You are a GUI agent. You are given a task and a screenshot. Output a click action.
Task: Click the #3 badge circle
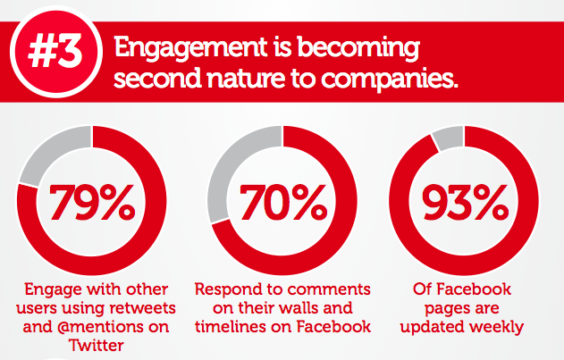[x=56, y=52]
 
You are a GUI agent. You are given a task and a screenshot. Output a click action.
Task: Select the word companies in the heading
[x=389, y=80]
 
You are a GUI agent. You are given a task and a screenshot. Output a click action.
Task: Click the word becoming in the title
[x=358, y=48]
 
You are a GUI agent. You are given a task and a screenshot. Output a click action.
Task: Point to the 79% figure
[x=92, y=201]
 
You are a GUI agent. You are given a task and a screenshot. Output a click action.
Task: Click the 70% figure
[x=283, y=201]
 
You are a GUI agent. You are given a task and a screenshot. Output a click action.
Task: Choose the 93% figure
[x=465, y=201]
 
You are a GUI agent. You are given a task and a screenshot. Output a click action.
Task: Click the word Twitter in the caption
[x=97, y=346]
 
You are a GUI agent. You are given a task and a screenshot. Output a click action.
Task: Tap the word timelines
[x=231, y=327]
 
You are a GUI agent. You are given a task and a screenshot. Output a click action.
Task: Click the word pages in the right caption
[x=442, y=309]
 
